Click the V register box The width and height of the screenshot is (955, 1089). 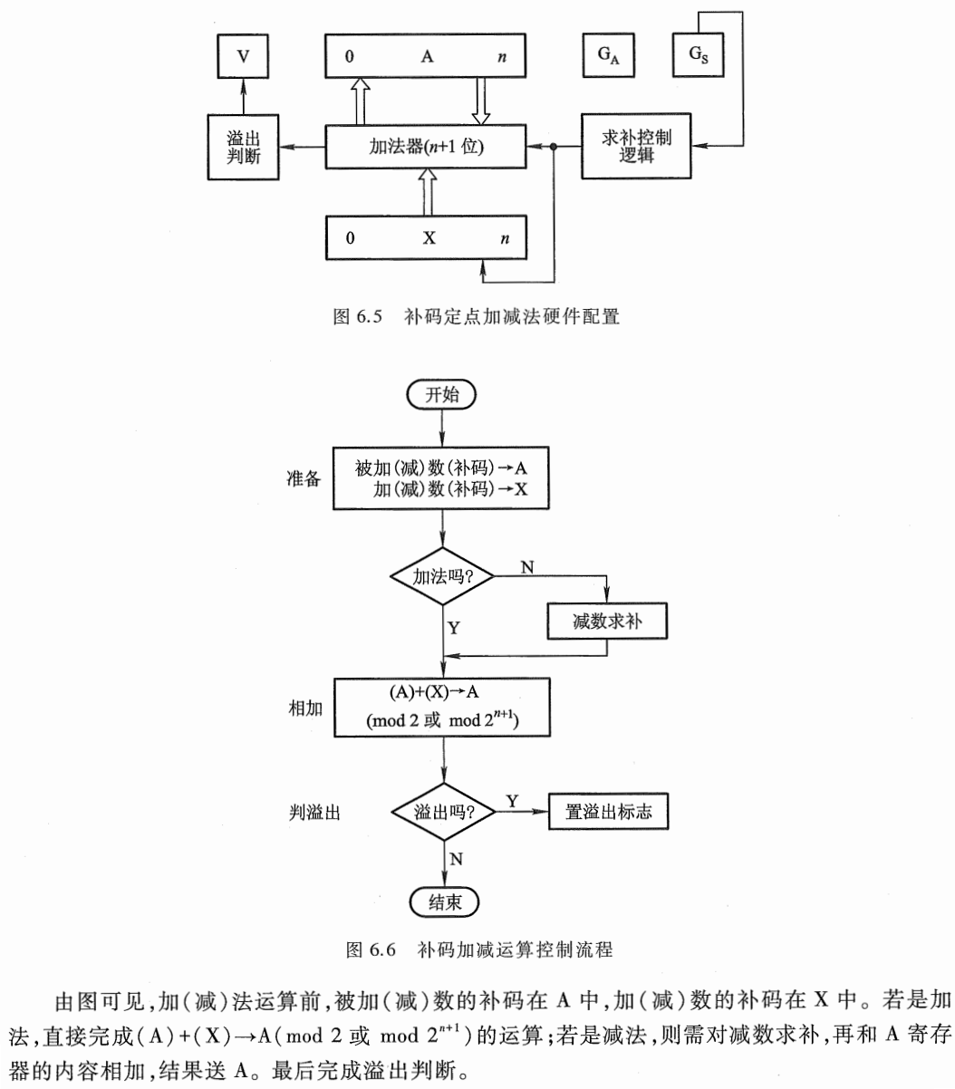point(242,56)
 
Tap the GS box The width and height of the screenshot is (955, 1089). point(697,55)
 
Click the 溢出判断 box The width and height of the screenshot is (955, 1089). point(243,146)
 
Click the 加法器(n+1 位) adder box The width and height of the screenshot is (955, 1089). point(426,146)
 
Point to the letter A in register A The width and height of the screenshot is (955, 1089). point(428,57)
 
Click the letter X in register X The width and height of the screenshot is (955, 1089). point(429,238)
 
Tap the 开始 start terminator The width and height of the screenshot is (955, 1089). point(442,394)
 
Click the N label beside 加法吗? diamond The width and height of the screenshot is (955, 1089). point(527,567)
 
